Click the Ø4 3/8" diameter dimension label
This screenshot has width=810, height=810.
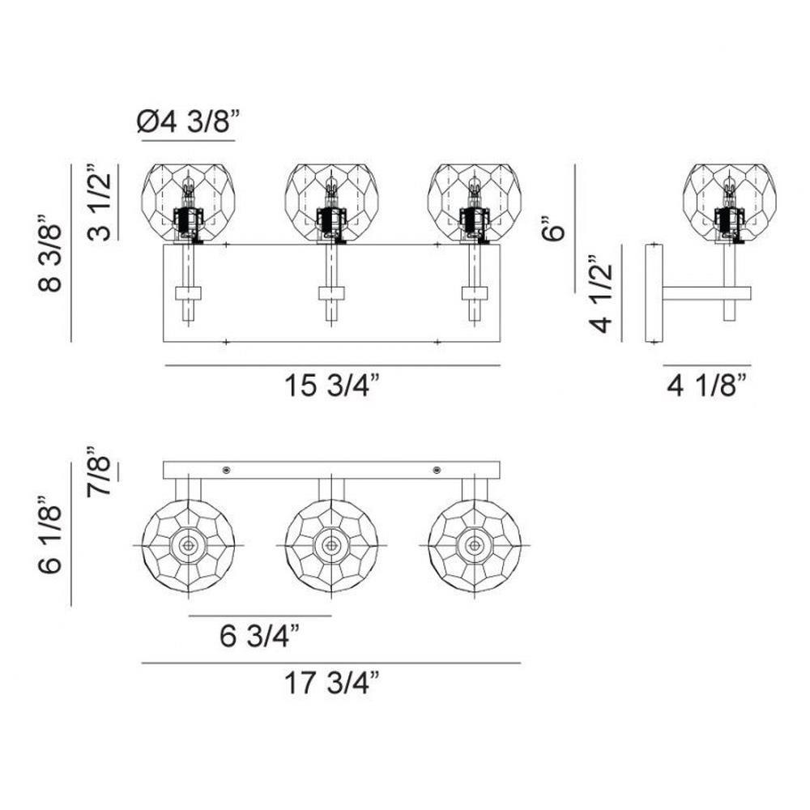coord(189,122)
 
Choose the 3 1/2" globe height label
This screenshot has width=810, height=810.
coord(99,202)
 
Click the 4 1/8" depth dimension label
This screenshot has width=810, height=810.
coord(707,386)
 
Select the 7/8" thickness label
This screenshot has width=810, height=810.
coord(98,470)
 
